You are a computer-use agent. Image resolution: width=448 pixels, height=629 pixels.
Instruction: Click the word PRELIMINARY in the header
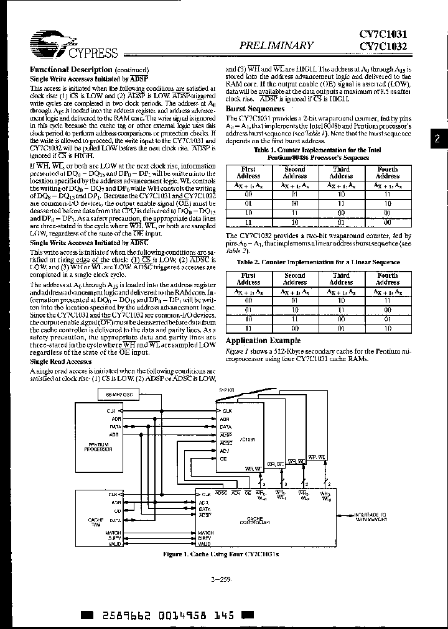coord(277,45)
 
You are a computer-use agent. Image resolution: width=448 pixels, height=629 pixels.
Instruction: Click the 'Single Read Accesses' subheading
coord(61,361)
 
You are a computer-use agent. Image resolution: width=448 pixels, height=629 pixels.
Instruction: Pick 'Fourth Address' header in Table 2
coord(387,278)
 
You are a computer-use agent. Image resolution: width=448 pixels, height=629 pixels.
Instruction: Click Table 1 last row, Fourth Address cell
coord(387,222)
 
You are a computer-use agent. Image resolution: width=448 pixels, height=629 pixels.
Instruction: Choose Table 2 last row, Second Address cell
coord(295,328)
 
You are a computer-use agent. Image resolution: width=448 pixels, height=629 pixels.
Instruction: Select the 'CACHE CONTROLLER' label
coord(254,521)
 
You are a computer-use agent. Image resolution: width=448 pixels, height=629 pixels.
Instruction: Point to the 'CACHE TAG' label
coord(96,521)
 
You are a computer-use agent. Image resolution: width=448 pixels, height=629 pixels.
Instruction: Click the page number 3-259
coord(222,579)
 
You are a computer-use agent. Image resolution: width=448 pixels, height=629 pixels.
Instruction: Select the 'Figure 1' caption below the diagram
coord(221,553)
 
